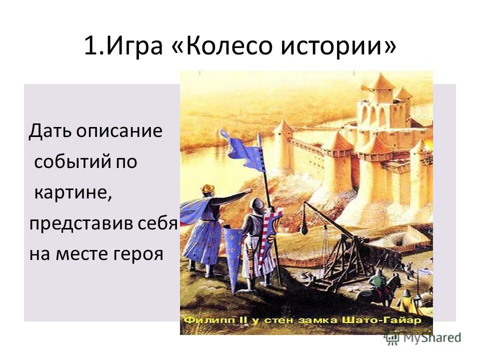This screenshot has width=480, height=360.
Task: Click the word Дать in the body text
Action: (x=50, y=131)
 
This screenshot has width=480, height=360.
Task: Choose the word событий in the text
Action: (x=68, y=162)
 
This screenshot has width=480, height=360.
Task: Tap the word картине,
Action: (x=73, y=193)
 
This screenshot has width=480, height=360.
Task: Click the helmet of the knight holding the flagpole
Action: (x=256, y=205)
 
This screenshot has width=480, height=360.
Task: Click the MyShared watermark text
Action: (x=430, y=338)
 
